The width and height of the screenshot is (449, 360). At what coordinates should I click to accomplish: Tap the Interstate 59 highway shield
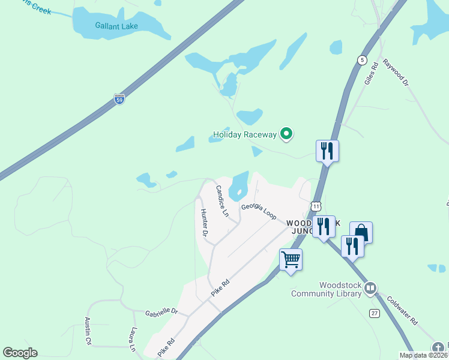119,100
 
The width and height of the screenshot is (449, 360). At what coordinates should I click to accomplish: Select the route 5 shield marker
362,59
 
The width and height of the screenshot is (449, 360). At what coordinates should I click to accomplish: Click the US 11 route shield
316,206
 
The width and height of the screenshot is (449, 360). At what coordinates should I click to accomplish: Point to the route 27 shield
375,313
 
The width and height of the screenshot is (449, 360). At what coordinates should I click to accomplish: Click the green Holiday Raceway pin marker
287,134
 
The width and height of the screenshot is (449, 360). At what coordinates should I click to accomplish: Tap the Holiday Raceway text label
244,134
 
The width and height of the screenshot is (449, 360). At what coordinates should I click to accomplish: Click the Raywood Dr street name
396,73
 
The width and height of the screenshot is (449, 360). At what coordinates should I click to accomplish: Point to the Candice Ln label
222,202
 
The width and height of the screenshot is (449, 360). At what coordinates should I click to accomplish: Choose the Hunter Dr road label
205,222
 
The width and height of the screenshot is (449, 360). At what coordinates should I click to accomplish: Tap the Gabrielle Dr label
162,312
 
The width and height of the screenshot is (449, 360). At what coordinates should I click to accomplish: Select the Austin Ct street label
88,331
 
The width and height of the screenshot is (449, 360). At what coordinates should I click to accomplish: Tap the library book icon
370,289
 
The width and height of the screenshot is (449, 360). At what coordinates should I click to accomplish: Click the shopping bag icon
361,232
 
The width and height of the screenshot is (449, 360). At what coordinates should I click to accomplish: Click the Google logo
20,353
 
